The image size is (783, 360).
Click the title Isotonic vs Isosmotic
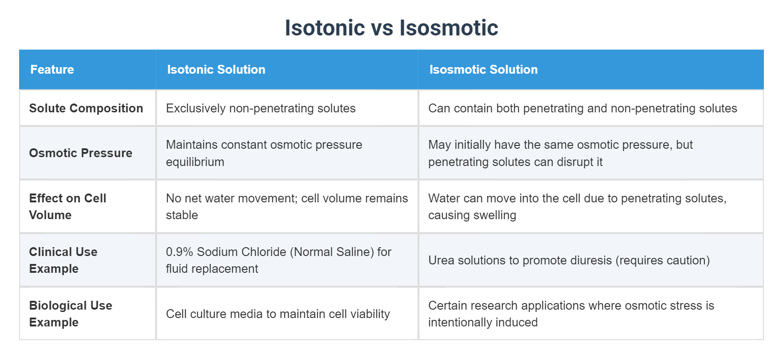pos(391,28)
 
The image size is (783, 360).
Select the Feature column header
pos(52,69)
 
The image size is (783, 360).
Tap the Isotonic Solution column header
pos(216,69)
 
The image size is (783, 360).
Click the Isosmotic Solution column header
pos(483,69)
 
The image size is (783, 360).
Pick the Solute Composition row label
pos(86,108)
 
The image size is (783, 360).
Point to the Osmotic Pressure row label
pos(81,153)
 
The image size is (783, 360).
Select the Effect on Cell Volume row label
pos(68,207)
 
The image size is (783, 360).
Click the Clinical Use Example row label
pos(63,260)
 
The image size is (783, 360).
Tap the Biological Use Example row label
pos(71,314)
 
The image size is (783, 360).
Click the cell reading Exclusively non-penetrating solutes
pos(261,108)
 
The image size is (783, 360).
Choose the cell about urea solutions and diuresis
pos(569,260)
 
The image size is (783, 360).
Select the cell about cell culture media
pos(278,314)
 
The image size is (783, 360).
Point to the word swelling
pos(495,215)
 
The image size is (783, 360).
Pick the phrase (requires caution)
pos(662,260)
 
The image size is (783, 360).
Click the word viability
pos(370,314)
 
